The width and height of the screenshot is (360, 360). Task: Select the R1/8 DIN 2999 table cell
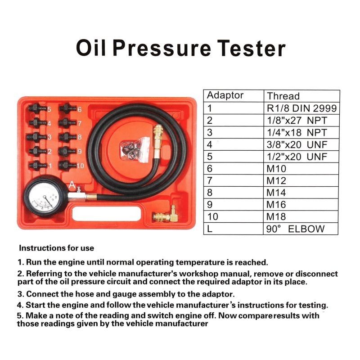[x=301, y=108]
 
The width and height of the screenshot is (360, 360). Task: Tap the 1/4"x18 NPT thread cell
[x=301, y=132]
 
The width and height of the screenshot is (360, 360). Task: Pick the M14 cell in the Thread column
[x=301, y=193]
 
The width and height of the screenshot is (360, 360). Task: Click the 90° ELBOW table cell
[x=301, y=229]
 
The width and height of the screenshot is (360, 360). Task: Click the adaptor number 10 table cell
[x=233, y=216]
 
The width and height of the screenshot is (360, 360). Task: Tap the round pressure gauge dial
[x=44, y=197]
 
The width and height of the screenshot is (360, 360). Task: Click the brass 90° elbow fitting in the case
[x=166, y=215]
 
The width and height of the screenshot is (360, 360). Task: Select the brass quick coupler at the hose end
[x=158, y=139]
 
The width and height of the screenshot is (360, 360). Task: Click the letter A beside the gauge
[x=72, y=184]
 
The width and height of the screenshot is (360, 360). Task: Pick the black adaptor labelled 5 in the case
[x=37, y=108]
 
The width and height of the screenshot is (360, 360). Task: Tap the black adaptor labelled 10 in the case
[x=67, y=165]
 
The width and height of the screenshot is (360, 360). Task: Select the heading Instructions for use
[x=57, y=248]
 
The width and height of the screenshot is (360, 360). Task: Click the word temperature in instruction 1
[x=200, y=262]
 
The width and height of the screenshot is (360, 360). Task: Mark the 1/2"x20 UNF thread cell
[x=301, y=157]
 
